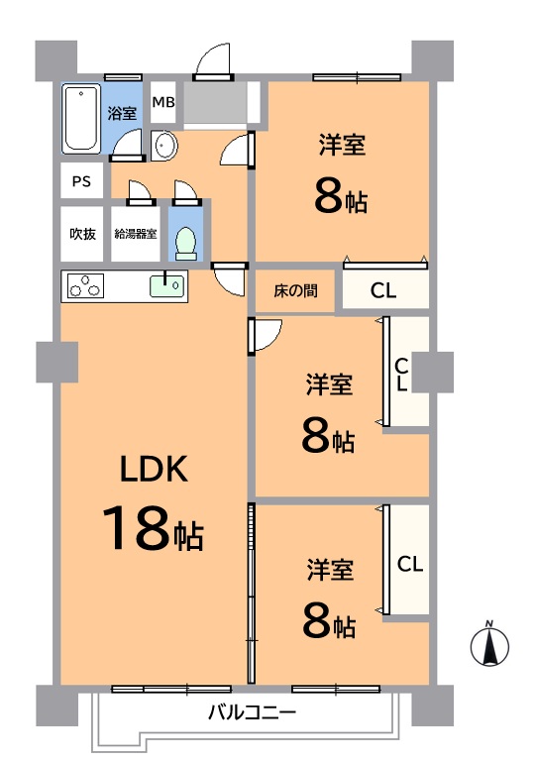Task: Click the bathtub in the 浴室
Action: tap(81, 118)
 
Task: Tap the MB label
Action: tap(163, 102)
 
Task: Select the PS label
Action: tap(81, 181)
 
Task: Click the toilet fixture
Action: tap(185, 243)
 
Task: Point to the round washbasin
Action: tap(164, 146)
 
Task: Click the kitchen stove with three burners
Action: tap(86, 285)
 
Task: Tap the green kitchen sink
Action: tap(167, 285)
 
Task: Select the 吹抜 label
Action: tap(82, 234)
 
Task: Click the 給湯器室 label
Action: tap(136, 234)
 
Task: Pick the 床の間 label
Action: tap(295, 290)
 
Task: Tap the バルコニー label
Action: tap(252, 712)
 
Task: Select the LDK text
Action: tap(154, 469)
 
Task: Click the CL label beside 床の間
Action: tap(382, 290)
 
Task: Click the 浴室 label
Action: tap(122, 113)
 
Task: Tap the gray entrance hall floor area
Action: tap(215, 103)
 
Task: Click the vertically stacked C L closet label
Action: tap(401, 375)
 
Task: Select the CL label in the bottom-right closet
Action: tap(410, 564)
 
